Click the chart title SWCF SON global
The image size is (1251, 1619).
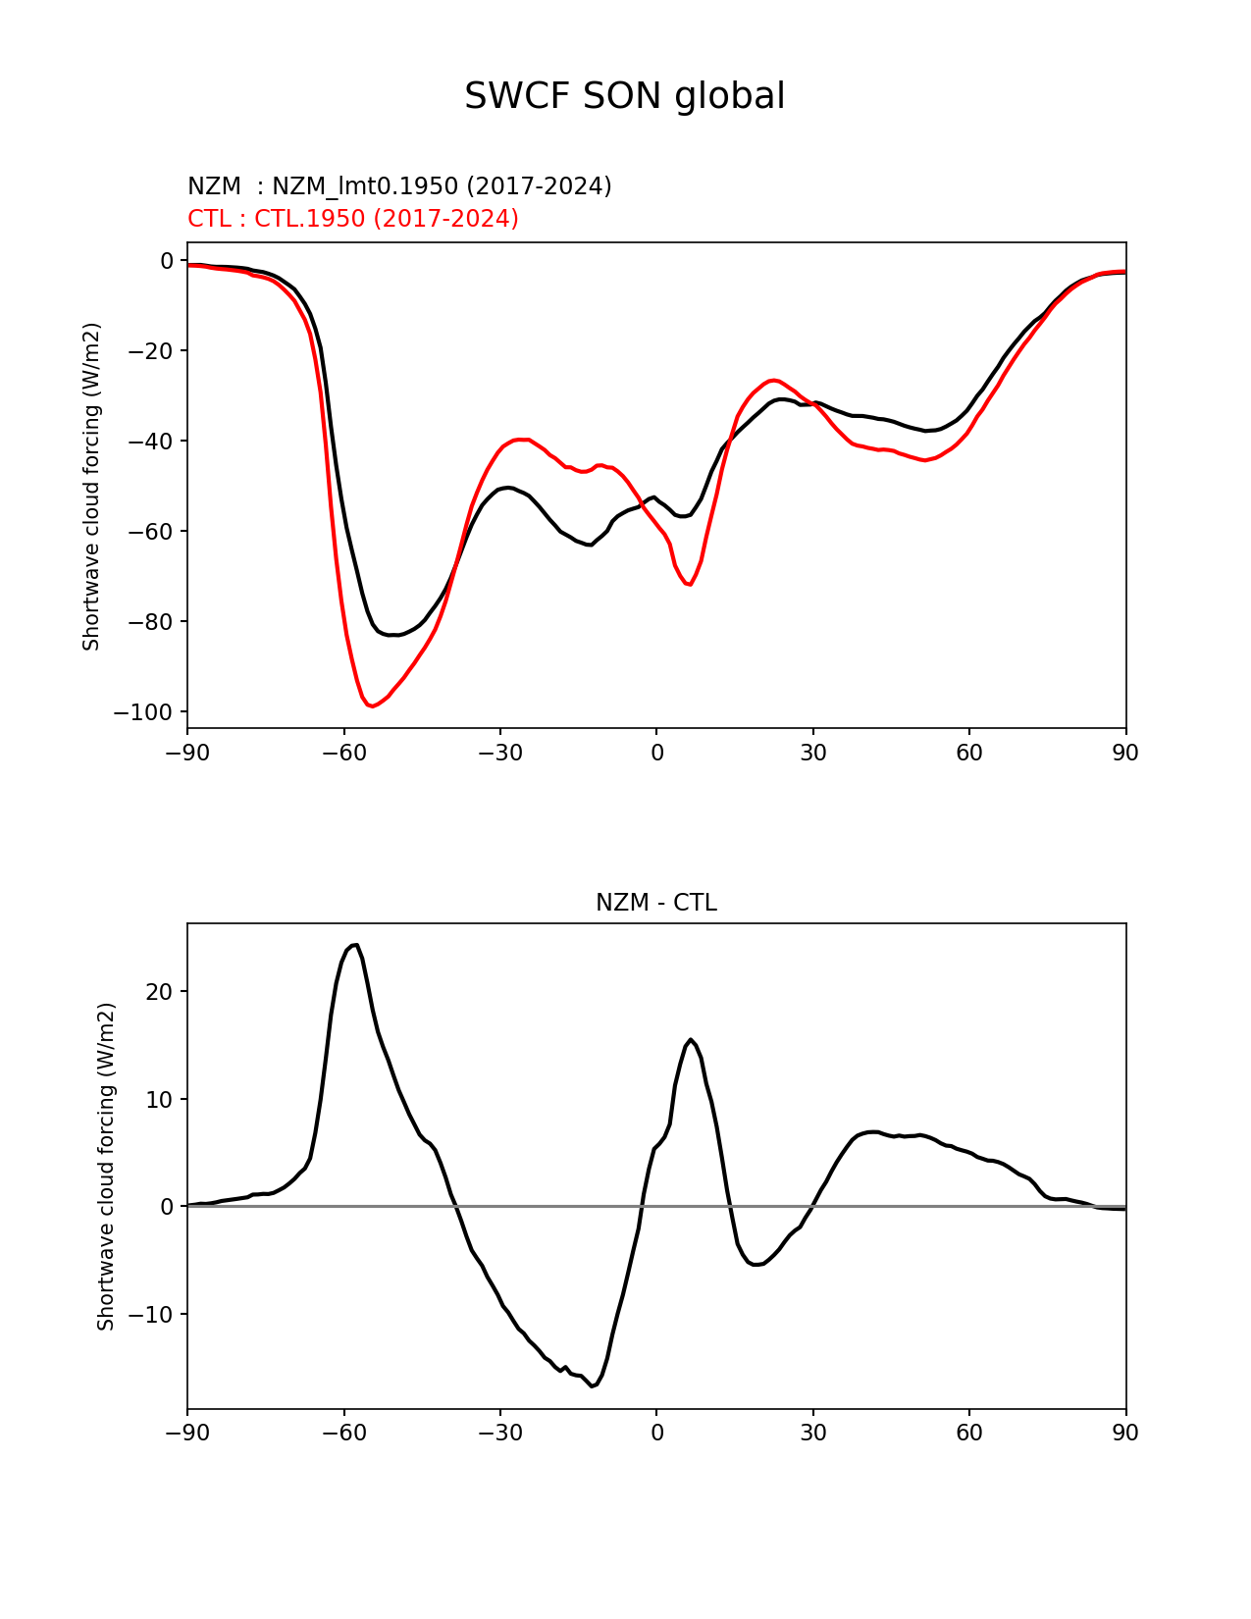click(624, 96)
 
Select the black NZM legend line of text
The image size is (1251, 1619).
click(399, 186)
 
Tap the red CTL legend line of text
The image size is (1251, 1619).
click(353, 219)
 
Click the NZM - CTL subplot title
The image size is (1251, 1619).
click(655, 903)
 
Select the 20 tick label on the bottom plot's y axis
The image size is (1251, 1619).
click(159, 992)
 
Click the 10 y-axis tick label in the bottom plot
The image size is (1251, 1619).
click(159, 1100)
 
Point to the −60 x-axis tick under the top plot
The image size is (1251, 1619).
click(343, 754)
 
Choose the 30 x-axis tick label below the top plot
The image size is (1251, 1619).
click(812, 754)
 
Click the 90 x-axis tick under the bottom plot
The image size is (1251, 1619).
click(1125, 1434)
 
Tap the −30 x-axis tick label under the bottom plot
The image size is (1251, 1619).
click(499, 1434)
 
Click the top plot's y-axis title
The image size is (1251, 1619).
click(92, 486)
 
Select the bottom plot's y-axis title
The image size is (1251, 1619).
click(106, 1167)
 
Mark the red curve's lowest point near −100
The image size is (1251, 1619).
click(371, 706)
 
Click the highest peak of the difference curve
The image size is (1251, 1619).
click(355, 945)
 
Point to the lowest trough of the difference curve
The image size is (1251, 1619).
click(593, 1386)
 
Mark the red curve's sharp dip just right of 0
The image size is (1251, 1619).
click(690, 585)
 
